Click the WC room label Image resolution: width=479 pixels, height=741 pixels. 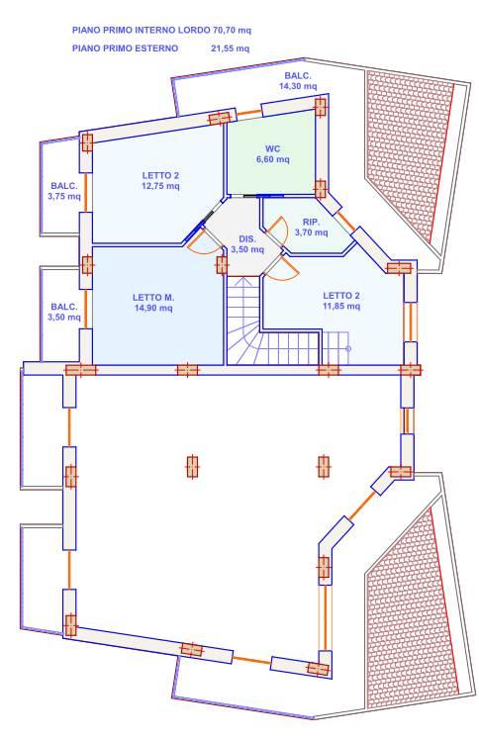pos(272,148)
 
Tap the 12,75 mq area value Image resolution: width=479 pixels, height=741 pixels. pos(160,186)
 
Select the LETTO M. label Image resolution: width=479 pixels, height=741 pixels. pos(153,298)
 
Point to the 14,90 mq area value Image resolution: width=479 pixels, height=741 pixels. pos(153,308)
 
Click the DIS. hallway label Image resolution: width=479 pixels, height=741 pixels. pos(246,239)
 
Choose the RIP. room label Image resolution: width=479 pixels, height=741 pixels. pos(312,223)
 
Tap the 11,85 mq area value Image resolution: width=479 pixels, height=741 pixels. pos(340,307)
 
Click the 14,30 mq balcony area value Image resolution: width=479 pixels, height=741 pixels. pos(298,86)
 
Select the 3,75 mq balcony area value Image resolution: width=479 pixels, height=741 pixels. pos(64,197)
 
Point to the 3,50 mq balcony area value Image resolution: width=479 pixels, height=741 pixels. pos(64,318)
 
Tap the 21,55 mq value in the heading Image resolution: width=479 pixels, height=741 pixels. pos(230,48)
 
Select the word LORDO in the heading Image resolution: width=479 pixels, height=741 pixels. pos(193,31)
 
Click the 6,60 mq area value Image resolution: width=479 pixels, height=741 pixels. pos(273,159)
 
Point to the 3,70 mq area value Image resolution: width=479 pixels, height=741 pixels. pos(311,232)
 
